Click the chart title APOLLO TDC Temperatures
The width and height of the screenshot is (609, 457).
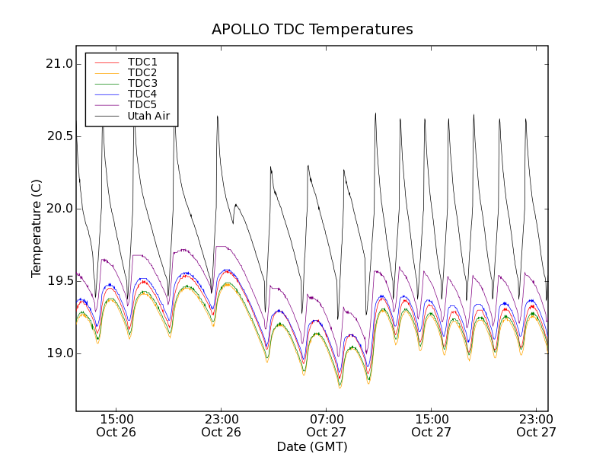click(x=312, y=30)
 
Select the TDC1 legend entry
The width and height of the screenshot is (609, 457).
click(x=142, y=62)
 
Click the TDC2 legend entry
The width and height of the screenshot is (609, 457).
click(x=142, y=72)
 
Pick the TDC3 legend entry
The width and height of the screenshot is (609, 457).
click(x=142, y=83)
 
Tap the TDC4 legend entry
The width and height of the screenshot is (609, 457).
click(x=142, y=94)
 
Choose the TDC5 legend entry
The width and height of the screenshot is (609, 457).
click(x=142, y=104)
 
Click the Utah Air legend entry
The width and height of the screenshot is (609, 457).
click(x=148, y=116)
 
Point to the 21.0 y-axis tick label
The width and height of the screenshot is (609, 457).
click(x=59, y=64)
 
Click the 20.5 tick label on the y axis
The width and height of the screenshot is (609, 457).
click(x=59, y=136)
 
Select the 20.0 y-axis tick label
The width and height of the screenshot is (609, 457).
click(x=59, y=209)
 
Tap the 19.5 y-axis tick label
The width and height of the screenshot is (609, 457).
click(x=59, y=281)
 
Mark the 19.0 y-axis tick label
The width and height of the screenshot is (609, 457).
click(x=59, y=353)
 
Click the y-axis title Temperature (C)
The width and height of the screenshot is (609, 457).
click(x=37, y=228)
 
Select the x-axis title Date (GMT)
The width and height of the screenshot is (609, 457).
click(x=312, y=446)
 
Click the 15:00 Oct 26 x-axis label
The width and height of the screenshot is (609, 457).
click(x=116, y=425)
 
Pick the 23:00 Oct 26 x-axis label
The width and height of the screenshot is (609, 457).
click(x=222, y=425)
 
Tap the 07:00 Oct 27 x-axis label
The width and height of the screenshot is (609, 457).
click(x=327, y=425)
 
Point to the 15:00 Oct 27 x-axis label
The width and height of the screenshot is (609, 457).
click(x=432, y=425)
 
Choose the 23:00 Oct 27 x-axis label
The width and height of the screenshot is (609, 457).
click(x=536, y=425)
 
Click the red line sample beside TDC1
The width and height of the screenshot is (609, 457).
click(x=106, y=62)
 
